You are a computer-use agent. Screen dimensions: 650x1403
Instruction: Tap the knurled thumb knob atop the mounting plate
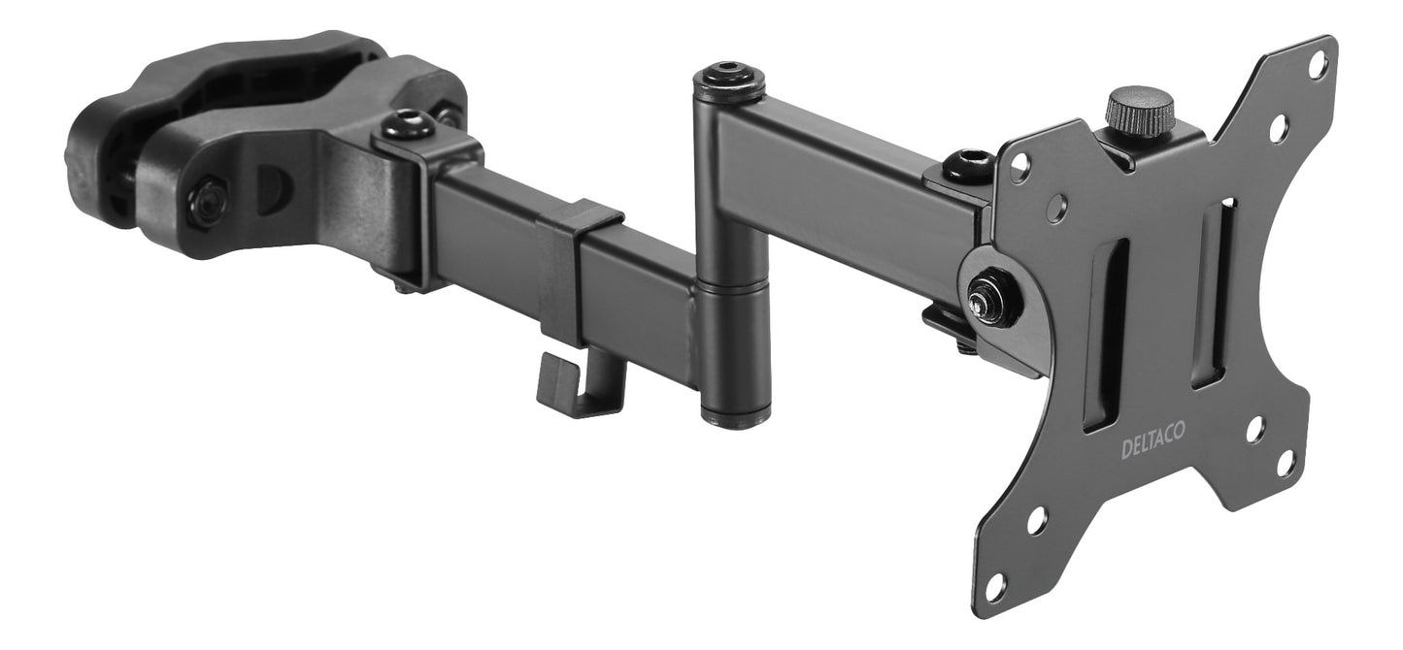coord(1140,109)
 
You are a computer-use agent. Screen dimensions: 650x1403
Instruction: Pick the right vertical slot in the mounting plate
coord(1214,292)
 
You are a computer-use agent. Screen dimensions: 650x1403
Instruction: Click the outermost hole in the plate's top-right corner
coord(1318,65)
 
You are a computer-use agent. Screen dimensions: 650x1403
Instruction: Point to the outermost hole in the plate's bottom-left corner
coord(995,586)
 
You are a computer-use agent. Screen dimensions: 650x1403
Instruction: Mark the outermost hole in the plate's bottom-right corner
coord(1286,463)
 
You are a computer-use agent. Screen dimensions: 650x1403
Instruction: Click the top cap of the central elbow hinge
coord(728,80)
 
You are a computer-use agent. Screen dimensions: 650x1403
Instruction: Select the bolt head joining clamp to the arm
coord(408,125)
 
